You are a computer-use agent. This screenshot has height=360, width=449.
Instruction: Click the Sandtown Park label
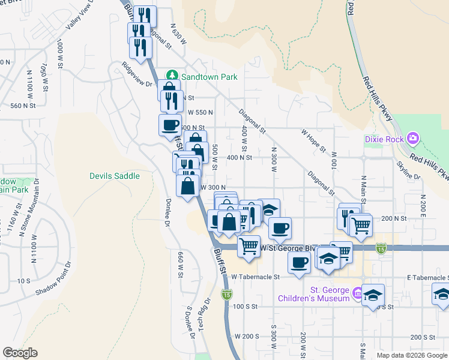(x=209, y=77)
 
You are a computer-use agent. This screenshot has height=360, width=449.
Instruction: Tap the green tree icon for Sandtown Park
(x=172, y=76)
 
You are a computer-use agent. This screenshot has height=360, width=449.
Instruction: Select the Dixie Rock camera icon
(x=412, y=139)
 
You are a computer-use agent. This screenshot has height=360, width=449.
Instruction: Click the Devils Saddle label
(x=114, y=176)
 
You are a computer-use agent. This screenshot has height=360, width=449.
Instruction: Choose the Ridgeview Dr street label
(x=137, y=74)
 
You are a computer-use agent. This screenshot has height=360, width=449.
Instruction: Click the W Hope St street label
(x=313, y=140)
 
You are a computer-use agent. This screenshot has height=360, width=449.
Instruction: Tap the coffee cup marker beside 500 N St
(x=169, y=124)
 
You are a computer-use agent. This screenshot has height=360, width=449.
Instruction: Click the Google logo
(x=20, y=353)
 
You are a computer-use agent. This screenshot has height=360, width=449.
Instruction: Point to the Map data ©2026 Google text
(x=411, y=355)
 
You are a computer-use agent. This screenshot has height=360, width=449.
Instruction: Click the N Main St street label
(x=363, y=188)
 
